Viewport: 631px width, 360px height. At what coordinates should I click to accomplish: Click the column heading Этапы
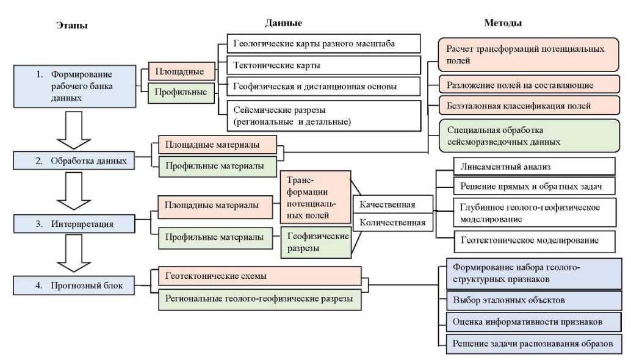pos(71,26)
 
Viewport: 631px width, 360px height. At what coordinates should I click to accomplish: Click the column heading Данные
pos(283,23)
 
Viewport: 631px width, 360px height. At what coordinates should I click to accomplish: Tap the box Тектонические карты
pos(323,65)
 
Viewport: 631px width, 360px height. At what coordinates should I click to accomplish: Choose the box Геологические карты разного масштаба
pos(323,43)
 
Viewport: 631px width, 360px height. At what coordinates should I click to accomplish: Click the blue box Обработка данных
pos(74,161)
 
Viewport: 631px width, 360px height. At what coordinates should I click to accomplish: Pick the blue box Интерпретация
pos(74,223)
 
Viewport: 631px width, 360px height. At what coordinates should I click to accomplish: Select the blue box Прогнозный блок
pos(74,284)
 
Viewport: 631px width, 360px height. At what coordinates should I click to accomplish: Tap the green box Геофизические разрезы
pos(315,241)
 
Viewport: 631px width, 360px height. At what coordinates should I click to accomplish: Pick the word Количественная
pos(392,222)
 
